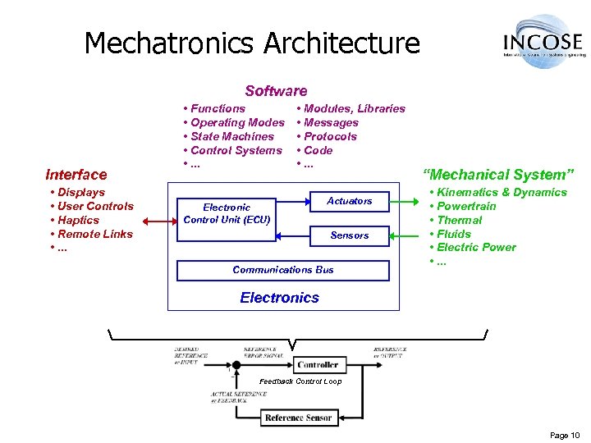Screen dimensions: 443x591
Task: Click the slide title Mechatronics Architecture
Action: tap(252, 43)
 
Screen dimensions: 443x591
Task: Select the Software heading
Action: tap(276, 91)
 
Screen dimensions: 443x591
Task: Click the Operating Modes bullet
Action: tap(236, 122)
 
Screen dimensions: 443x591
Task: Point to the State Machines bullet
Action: tap(231, 136)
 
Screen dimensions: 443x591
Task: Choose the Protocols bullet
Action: tap(329, 136)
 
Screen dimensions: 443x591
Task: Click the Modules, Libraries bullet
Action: tap(353, 108)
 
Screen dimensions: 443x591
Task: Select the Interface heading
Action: tap(76, 174)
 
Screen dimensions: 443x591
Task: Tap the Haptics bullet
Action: tap(77, 220)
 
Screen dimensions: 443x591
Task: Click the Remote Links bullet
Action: tap(94, 234)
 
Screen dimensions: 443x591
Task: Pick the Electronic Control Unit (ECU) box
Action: tap(227, 213)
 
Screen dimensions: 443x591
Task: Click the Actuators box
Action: tap(350, 201)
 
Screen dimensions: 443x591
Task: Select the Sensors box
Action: tap(350, 235)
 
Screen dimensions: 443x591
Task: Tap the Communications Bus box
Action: tap(283, 270)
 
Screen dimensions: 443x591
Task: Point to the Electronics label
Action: tap(279, 298)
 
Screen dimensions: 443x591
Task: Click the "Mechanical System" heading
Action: tap(498, 174)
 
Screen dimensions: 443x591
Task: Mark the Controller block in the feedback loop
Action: tap(318, 364)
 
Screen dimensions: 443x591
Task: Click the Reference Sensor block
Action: tap(297, 418)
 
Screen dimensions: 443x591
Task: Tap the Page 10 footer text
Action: tap(564, 435)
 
